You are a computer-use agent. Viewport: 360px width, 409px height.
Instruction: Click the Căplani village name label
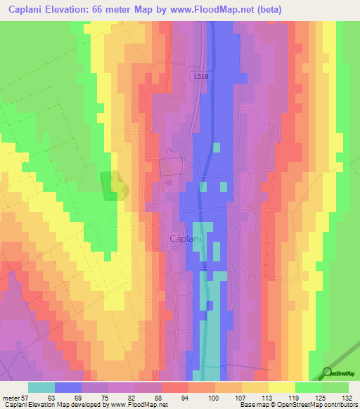click(186, 239)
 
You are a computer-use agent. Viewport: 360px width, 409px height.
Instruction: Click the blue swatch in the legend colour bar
click(67, 387)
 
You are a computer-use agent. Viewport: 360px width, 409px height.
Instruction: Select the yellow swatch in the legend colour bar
click(281, 387)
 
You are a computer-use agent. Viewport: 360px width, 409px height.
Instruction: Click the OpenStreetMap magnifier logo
click(326, 373)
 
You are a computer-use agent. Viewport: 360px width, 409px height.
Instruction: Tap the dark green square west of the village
click(110, 186)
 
